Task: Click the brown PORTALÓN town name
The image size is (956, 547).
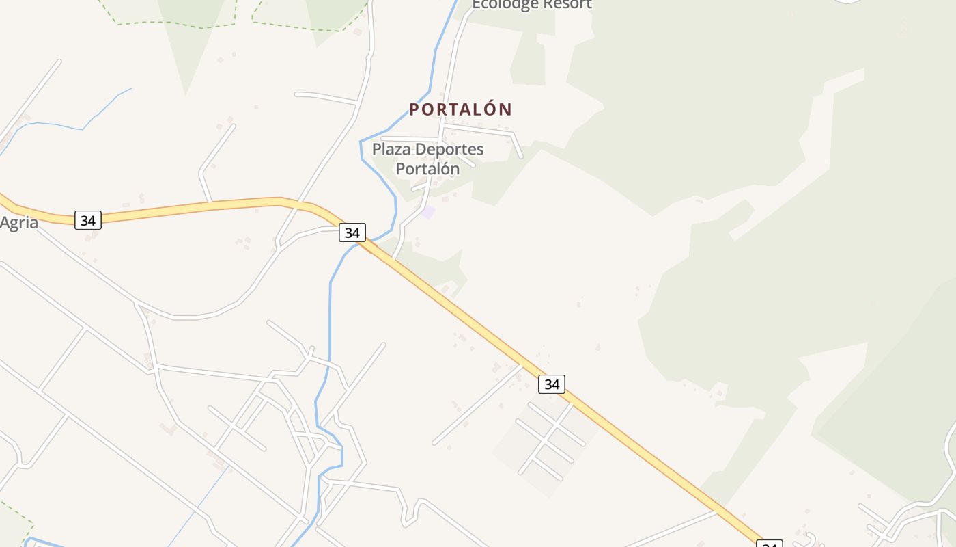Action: [460, 109]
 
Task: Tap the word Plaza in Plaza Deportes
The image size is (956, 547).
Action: [391, 149]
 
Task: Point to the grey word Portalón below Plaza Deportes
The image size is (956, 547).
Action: [427, 168]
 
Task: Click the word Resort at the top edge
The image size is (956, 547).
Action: [564, 4]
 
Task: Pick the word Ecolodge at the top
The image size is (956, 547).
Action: [504, 4]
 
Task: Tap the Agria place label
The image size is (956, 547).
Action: [18, 223]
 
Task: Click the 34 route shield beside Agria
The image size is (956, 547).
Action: [88, 220]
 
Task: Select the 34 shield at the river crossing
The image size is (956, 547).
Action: [352, 232]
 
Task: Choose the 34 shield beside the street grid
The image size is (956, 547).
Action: [552, 384]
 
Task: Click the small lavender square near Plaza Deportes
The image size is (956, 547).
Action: [428, 213]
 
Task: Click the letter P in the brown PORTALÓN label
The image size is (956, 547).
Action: [414, 109]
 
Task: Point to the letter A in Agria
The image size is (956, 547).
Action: [5, 222]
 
